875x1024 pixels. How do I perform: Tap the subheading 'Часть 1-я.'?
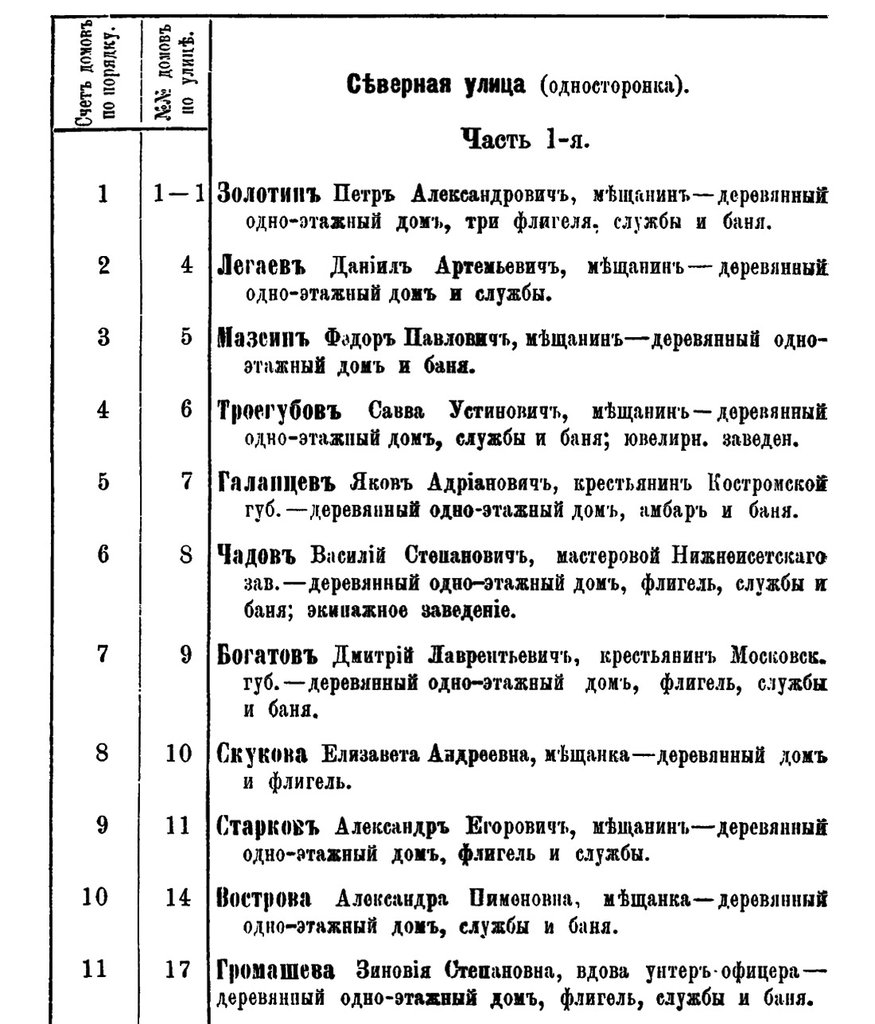pyautogui.click(x=524, y=141)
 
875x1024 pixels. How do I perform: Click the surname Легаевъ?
pyautogui.click(x=262, y=266)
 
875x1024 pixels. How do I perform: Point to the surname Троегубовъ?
pyautogui.click(x=278, y=411)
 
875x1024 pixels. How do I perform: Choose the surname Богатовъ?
pyautogui.click(x=266, y=657)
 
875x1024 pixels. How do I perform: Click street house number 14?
pyautogui.click(x=178, y=898)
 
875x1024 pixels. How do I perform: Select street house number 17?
pyautogui.click(x=178, y=971)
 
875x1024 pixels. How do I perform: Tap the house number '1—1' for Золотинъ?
pyautogui.click(x=180, y=194)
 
